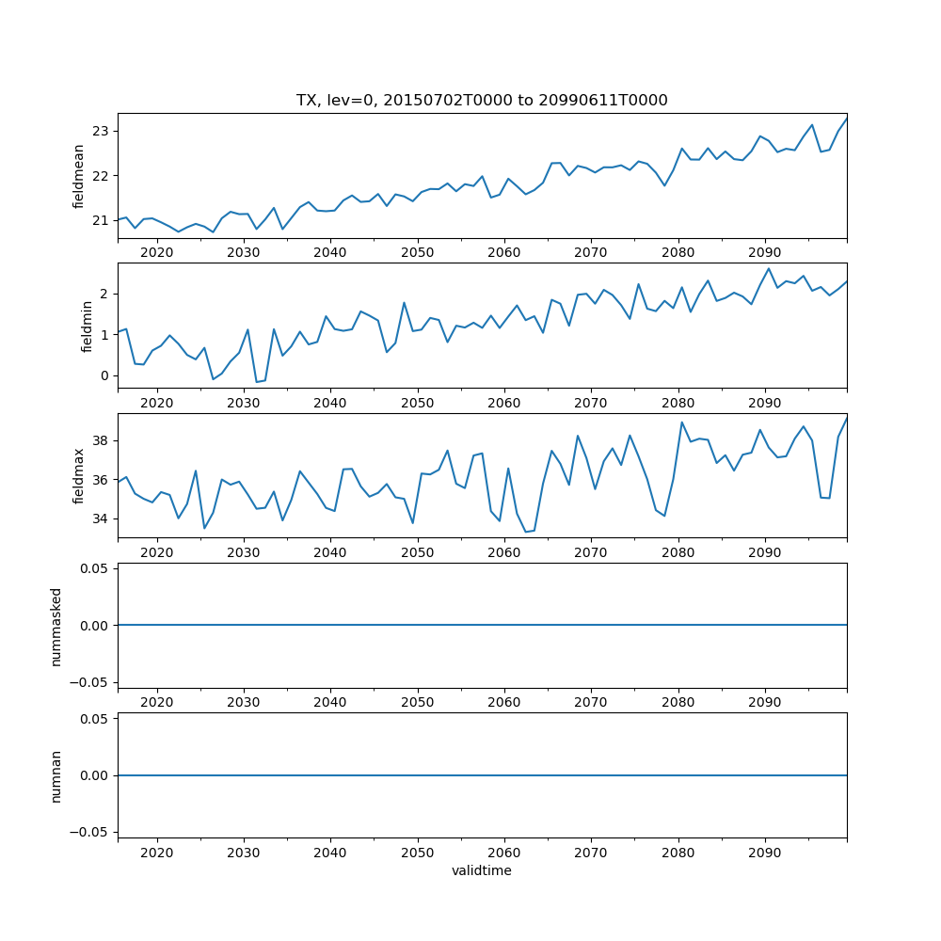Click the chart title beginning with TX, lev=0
tap(482, 101)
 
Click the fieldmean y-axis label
tap(79, 176)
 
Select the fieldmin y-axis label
tap(87, 326)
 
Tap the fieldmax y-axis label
tap(79, 476)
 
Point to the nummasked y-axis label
tap(56, 626)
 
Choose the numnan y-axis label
tap(56, 775)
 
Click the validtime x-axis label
tap(482, 871)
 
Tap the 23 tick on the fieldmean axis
tap(101, 131)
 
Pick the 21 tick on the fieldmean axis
tap(101, 220)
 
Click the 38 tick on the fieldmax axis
tap(101, 440)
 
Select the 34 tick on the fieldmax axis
tap(101, 518)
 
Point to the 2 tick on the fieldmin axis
tap(104, 295)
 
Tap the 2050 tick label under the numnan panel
tap(417, 853)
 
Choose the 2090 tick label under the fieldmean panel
tap(764, 253)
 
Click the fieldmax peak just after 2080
tap(681, 422)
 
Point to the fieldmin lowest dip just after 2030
tap(257, 382)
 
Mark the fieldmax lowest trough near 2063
tap(526, 532)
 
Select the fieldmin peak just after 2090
tap(769, 268)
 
